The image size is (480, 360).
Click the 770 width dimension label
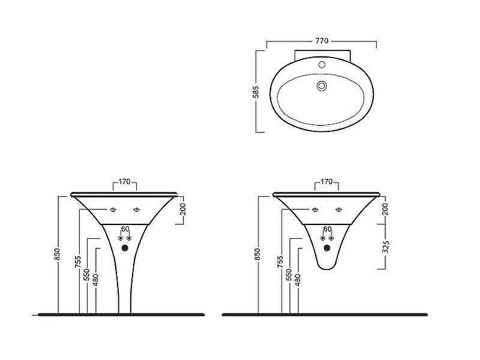pos(322,41)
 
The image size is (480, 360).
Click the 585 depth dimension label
pos(256,92)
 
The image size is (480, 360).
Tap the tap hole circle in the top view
pos(322,65)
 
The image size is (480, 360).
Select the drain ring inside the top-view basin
pos(321,86)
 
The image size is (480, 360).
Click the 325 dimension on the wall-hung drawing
pos(386,247)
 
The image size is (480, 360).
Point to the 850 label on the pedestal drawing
pos(57,254)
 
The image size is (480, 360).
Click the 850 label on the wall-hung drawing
pos(257,254)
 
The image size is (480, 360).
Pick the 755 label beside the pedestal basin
pos(78,262)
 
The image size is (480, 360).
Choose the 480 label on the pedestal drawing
pos(95,280)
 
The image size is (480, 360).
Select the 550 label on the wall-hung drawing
pos(289,275)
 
